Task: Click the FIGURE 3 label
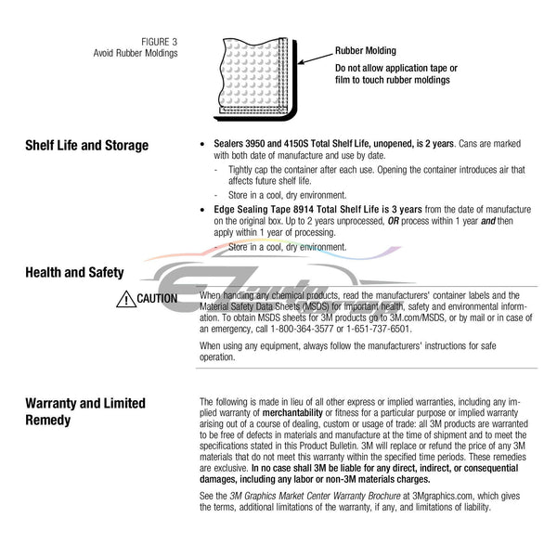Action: (160, 42)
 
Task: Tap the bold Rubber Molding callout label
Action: (366, 51)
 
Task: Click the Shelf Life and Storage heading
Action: (85, 146)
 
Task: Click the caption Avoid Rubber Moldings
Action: (136, 53)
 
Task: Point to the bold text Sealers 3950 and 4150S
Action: (261, 146)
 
